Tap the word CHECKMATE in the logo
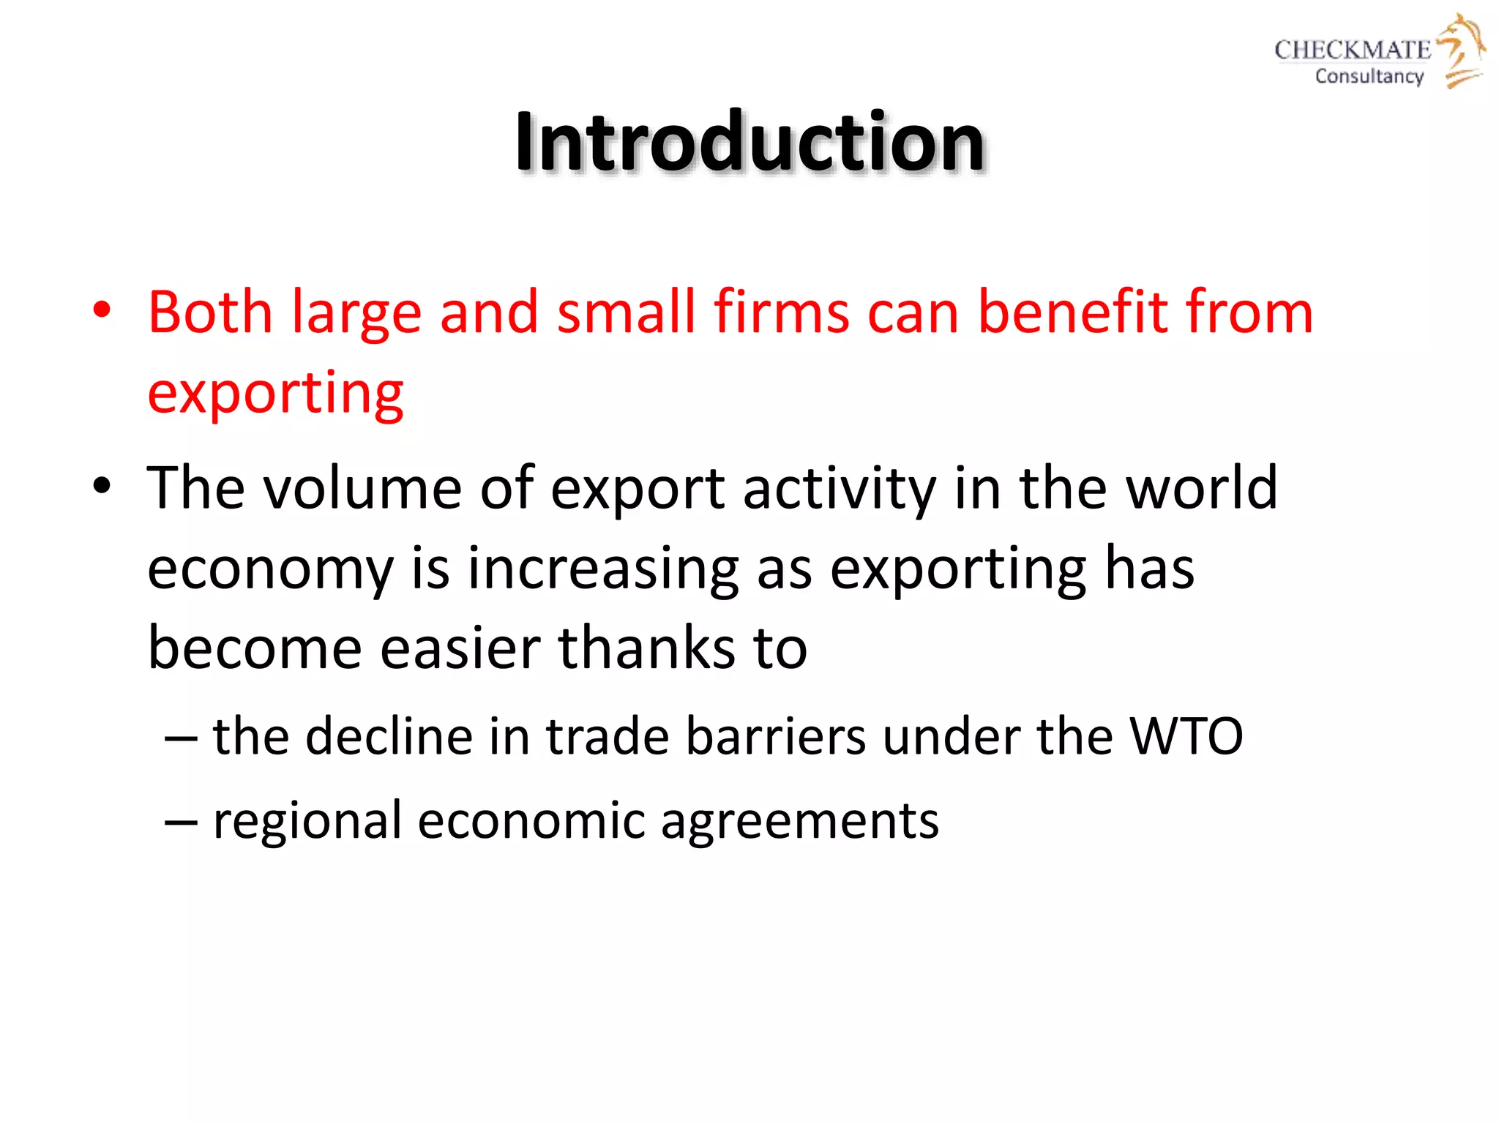click(x=1352, y=50)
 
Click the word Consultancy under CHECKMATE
click(x=1369, y=76)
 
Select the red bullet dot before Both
click(x=102, y=310)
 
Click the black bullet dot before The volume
click(x=102, y=486)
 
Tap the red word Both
click(x=210, y=312)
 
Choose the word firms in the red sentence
click(x=782, y=312)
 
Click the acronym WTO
click(x=1186, y=736)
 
